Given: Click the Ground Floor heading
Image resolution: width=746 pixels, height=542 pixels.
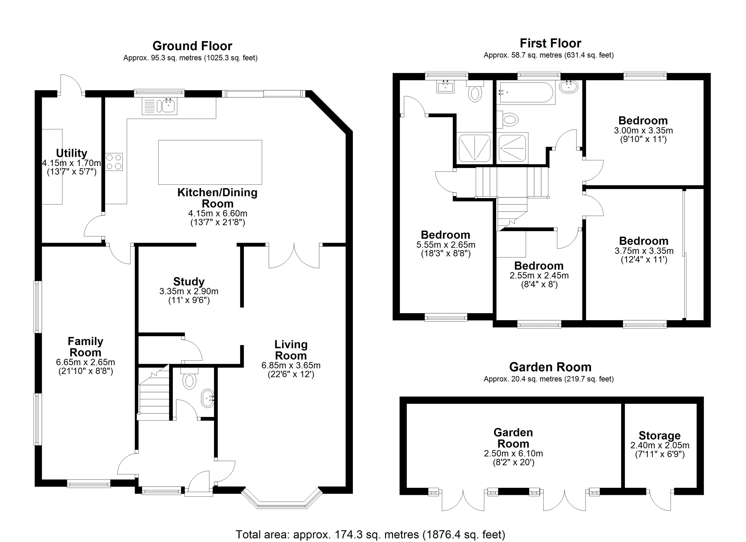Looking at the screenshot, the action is pos(192,46).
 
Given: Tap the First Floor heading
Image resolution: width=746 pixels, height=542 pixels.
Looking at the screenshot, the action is pos(550,43).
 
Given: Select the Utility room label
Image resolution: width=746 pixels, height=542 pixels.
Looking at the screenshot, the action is pos(71,153).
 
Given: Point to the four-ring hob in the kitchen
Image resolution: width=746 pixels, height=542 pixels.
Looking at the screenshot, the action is pos(114,162).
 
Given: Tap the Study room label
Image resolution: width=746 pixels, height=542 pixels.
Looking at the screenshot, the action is pos(189,282).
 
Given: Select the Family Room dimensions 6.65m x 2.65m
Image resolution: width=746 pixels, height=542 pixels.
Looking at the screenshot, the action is pos(85,362).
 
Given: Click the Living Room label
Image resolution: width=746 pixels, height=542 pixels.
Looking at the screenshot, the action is pos(291,350).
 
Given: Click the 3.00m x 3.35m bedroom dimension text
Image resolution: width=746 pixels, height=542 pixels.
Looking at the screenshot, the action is pos(643,131).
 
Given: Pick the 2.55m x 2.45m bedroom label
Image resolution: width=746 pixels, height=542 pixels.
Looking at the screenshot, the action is pos(539,266).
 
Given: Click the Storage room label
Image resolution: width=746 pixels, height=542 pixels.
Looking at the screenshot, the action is pos(659,435).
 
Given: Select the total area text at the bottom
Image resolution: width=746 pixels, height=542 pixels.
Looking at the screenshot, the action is pos(370,534).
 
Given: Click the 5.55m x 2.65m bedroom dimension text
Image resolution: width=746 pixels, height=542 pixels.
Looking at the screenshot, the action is pos(446,245).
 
